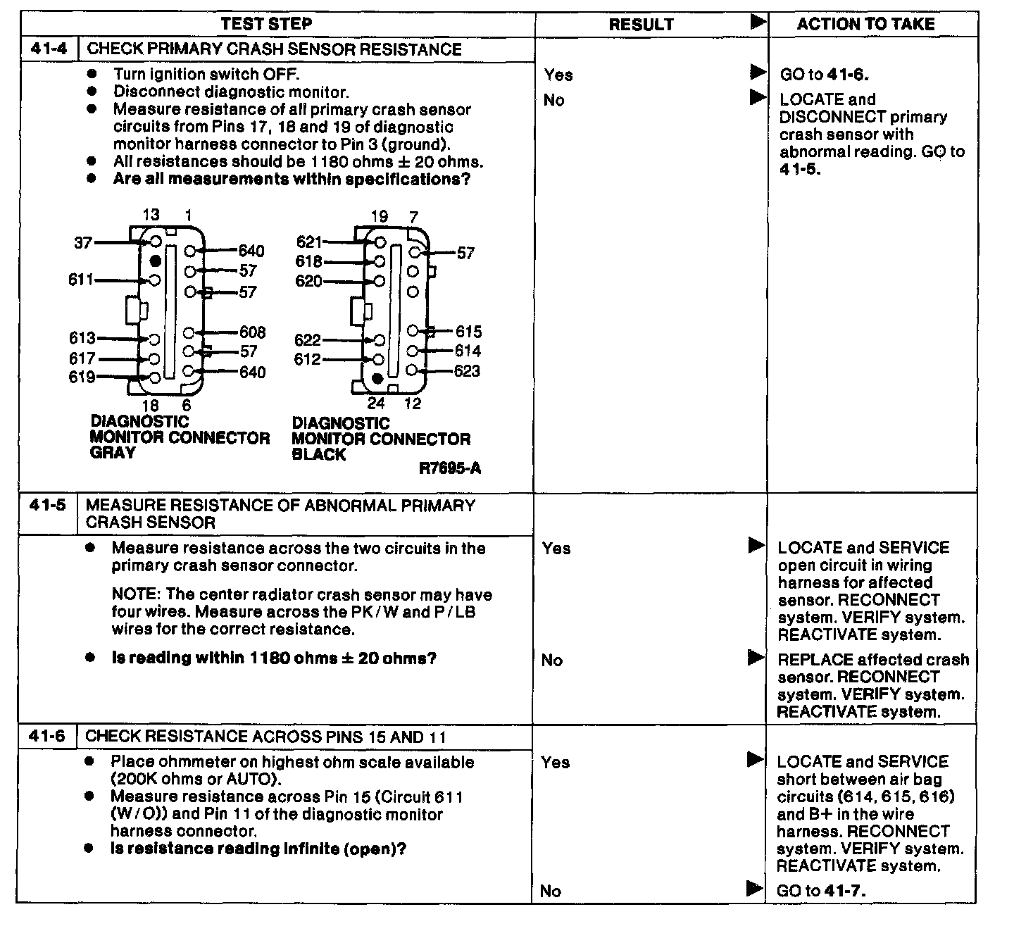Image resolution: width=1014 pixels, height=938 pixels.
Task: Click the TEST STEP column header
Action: coord(266,24)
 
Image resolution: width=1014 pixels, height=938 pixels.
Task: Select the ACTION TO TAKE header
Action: coord(865,24)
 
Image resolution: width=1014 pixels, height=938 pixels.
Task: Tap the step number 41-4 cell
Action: coord(49,49)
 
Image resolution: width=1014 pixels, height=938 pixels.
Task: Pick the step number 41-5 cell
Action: coord(48,505)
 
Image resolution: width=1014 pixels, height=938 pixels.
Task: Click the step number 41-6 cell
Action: coord(47,737)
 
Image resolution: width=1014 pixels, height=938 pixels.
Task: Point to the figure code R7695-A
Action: coord(450,468)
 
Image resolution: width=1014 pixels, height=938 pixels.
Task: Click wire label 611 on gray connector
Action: coord(81,280)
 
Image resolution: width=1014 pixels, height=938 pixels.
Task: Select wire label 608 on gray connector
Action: coord(252,332)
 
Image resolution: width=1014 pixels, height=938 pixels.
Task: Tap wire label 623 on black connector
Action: coord(467,370)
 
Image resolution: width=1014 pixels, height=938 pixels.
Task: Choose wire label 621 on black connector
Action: coord(309,242)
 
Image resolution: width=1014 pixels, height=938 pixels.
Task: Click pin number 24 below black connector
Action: coord(376,403)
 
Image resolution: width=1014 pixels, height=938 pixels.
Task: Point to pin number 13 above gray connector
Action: coord(151,215)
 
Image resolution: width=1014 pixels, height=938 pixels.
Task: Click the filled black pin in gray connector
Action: coord(156,261)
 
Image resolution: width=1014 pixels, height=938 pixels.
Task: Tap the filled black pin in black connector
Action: coord(377,379)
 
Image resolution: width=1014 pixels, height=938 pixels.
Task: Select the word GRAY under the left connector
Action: coord(113,453)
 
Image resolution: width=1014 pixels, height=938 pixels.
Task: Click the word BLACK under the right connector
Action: coord(319,454)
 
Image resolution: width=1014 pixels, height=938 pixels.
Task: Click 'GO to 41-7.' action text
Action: coord(821,890)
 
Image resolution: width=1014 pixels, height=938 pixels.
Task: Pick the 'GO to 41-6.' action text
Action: coord(824,75)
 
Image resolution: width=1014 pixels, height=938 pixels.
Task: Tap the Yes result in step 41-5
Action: coord(557,548)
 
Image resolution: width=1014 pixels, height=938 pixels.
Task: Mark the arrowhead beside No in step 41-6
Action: coord(755,889)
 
